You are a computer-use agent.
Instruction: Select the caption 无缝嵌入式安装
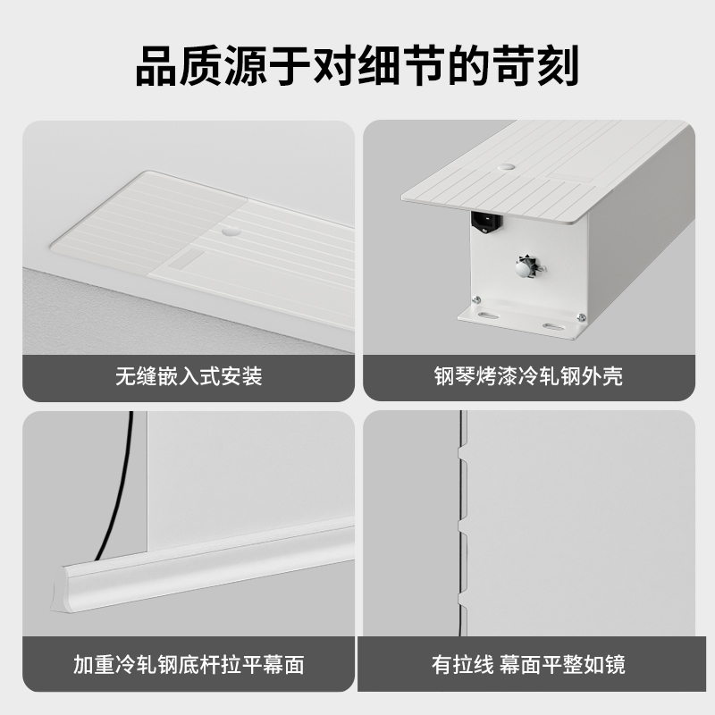tap(189, 376)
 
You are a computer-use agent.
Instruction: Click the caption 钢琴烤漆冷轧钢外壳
tap(527, 376)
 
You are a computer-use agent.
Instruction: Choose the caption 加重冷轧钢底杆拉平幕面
tap(189, 665)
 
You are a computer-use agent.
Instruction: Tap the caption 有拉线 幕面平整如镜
tap(527, 665)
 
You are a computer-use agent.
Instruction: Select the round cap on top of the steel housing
tap(507, 167)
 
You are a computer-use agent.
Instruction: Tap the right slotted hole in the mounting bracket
tap(554, 326)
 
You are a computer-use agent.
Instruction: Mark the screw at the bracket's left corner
tap(478, 300)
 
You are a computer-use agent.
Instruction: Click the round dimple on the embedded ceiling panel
tap(230, 230)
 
